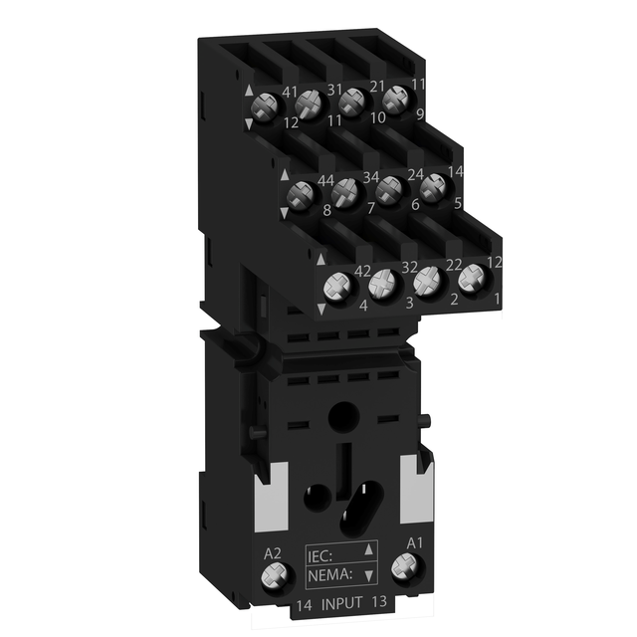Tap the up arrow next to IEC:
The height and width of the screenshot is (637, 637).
pyautogui.click(x=370, y=547)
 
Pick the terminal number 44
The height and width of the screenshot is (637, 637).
pyautogui.click(x=324, y=179)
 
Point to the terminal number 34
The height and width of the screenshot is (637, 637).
pyautogui.click(x=368, y=177)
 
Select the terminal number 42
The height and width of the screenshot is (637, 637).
pyautogui.click(x=362, y=272)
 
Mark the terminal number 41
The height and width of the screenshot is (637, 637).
pyautogui.click(x=291, y=93)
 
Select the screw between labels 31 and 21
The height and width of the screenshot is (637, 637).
pyautogui.click(x=352, y=103)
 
